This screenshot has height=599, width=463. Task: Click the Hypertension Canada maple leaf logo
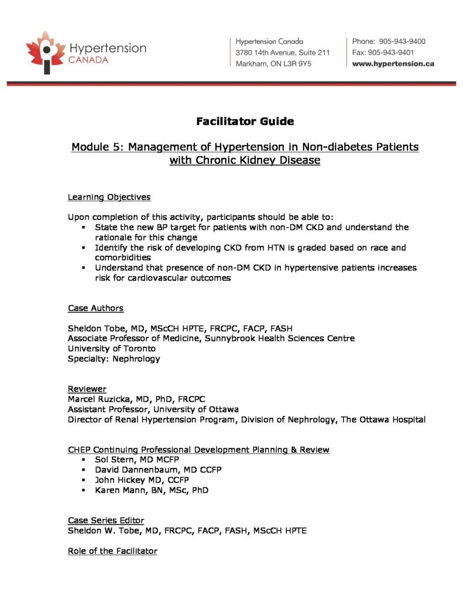pos(46,52)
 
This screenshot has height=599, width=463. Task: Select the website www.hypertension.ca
pos(393,64)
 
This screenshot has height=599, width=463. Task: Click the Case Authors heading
pos(95,308)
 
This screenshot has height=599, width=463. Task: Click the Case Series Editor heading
pos(106,520)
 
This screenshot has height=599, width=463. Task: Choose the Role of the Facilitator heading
pos(112,551)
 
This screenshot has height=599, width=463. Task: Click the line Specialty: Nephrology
pos(114,359)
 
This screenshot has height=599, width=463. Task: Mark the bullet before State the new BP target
pos(84,227)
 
